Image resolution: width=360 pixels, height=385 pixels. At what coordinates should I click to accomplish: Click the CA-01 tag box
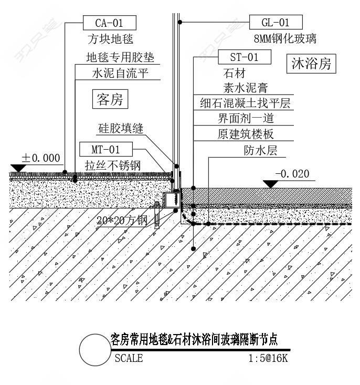[x=110, y=23]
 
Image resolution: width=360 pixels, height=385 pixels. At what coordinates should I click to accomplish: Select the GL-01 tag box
[x=276, y=22]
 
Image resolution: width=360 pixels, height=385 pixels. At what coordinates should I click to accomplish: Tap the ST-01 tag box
[x=244, y=57]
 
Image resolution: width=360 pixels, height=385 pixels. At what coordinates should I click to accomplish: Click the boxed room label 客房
[x=110, y=99]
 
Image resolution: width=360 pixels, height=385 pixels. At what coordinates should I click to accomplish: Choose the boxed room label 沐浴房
[x=311, y=64]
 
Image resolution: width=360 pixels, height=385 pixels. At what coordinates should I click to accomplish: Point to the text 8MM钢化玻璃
[x=285, y=38]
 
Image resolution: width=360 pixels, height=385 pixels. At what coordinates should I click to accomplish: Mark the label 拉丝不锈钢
[x=113, y=165]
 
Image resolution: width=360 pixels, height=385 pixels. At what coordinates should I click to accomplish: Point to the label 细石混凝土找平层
[x=245, y=103]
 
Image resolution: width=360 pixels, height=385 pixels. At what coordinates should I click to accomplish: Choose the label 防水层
[x=260, y=150]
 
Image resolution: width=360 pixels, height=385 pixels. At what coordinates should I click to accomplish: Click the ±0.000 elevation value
[x=40, y=158]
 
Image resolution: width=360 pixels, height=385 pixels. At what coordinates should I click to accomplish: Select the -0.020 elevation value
[x=292, y=174]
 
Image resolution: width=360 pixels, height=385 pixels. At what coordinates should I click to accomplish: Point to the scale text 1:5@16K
[x=268, y=359]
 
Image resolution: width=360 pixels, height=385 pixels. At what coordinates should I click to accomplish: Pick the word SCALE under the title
[x=128, y=359]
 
